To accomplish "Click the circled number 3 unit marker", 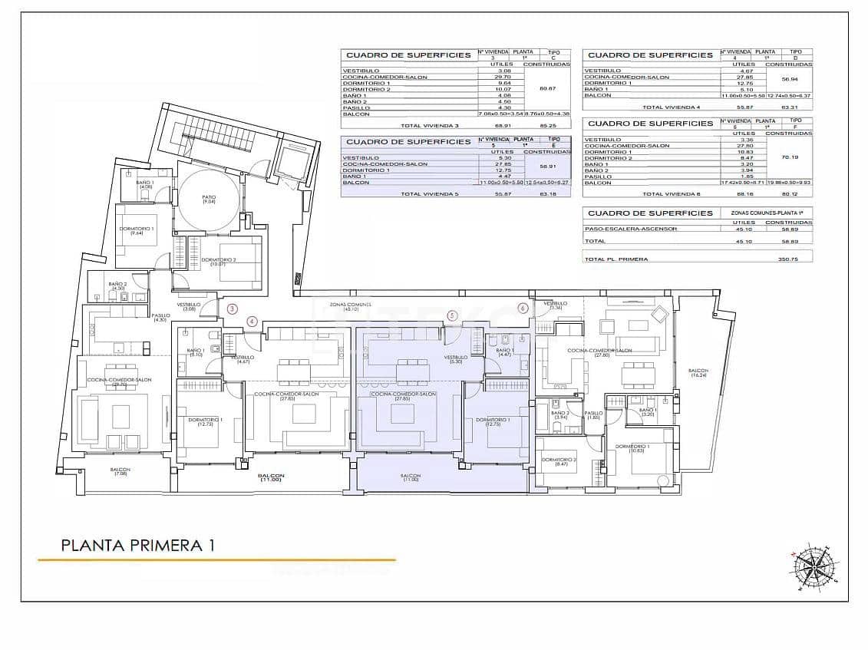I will pyautogui.click(x=233, y=309).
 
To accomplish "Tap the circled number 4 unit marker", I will pyautogui.click(x=251, y=321).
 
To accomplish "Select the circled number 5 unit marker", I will pyautogui.click(x=452, y=315).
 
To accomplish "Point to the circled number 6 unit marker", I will pyautogui.click(x=523, y=309).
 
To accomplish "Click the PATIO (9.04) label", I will pyautogui.click(x=209, y=199).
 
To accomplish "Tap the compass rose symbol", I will pyautogui.click(x=814, y=569).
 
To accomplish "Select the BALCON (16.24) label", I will pyautogui.click(x=698, y=373).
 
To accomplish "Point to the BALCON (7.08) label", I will pyautogui.click(x=120, y=471).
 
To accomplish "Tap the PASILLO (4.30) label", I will pyautogui.click(x=160, y=317).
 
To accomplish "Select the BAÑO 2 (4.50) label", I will pyautogui.click(x=117, y=286).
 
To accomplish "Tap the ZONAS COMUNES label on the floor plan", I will pyautogui.click(x=350, y=306).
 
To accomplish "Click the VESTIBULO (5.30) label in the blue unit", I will pyautogui.click(x=455, y=359).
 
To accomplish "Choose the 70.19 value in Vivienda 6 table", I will pyautogui.click(x=789, y=157).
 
